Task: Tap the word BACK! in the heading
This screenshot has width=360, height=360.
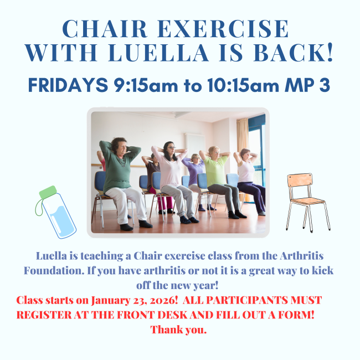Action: [x=293, y=53]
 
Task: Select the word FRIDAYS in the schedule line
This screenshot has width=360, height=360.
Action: [x=68, y=85]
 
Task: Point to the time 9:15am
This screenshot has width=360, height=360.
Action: [x=146, y=85]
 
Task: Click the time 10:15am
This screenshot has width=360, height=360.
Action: [x=243, y=85]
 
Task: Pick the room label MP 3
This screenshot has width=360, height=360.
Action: [x=307, y=85]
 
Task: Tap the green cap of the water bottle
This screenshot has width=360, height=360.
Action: [x=48, y=192]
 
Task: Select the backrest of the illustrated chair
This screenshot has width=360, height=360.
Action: [x=300, y=180]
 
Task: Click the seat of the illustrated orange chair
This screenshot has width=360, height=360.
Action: [x=308, y=201]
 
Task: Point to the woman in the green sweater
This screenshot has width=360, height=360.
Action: [x=121, y=181]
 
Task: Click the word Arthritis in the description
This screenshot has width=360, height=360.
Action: [x=301, y=255]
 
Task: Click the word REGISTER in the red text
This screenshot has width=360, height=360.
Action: [x=44, y=315]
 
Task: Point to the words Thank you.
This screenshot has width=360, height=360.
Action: [x=179, y=330]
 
